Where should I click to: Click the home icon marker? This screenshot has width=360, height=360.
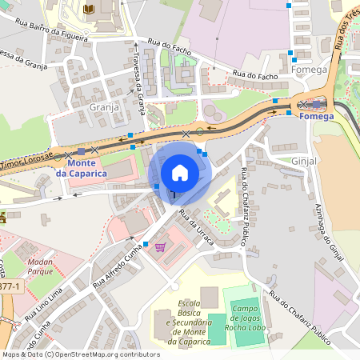[180, 172]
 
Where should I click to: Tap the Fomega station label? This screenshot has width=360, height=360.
[316, 116]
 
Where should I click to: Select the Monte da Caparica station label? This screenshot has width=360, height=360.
[81, 169]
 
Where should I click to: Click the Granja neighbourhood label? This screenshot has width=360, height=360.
[104, 106]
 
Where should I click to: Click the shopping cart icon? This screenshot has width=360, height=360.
[160, 247]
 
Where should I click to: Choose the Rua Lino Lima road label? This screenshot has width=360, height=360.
[43, 308]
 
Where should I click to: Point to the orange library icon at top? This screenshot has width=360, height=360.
[87, 8]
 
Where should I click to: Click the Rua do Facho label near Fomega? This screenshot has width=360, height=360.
[255, 74]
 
